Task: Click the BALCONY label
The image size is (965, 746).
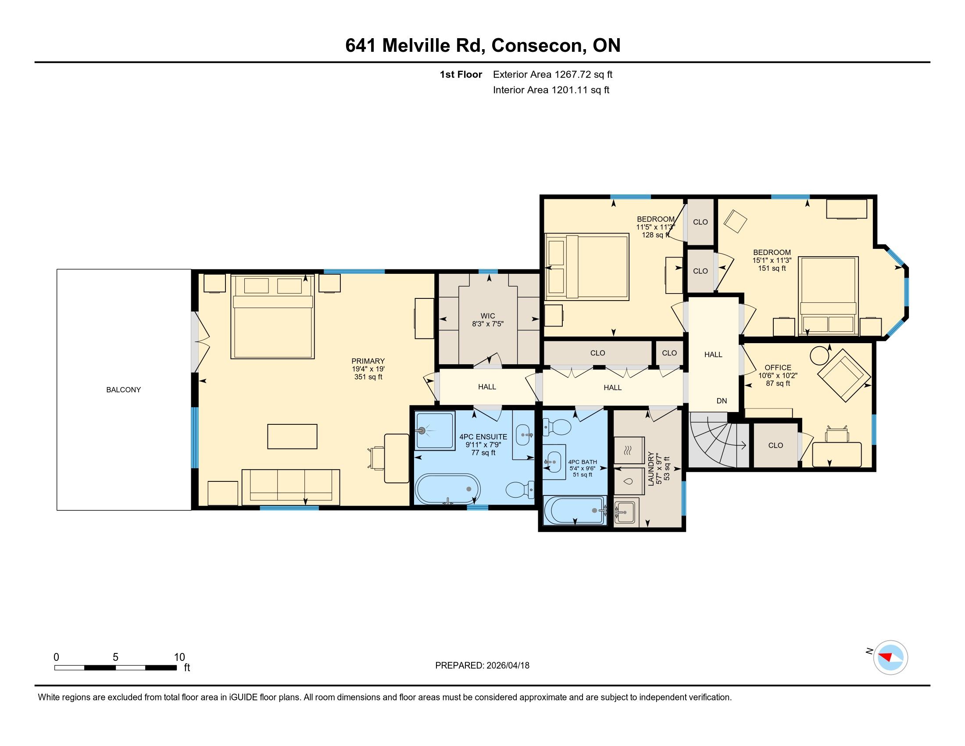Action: (123, 390)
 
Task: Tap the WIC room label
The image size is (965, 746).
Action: (488, 316)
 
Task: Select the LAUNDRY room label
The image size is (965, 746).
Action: (650, 469)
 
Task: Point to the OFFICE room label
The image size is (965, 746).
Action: (778, 368)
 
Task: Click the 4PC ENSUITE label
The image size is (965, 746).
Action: (483, 437)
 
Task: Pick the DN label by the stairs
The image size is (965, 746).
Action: (722, 401)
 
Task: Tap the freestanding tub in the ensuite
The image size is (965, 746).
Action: (448, 489)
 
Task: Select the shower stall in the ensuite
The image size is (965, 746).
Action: (435, 431)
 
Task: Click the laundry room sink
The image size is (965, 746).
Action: (626, 512)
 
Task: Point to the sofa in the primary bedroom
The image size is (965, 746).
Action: (291, 487)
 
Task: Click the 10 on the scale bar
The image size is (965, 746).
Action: (179, 657)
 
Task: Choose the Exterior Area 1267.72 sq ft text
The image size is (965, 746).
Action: (553, 74)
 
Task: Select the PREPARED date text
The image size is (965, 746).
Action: (482, 665)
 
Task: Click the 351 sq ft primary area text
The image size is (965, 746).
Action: (368, 377)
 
